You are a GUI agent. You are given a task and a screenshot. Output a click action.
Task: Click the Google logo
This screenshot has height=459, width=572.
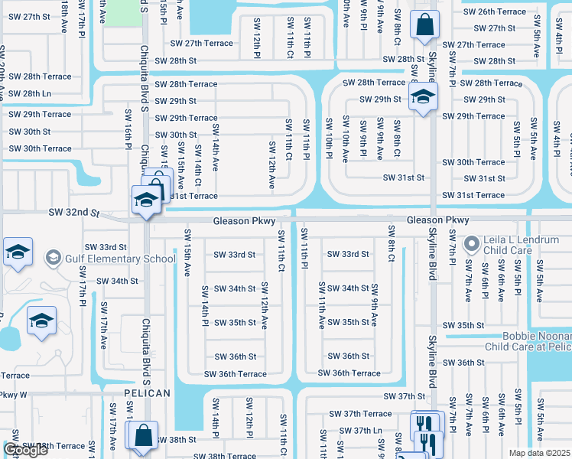[25, 450]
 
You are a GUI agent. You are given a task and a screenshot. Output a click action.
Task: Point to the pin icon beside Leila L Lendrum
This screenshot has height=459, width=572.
[470, 245]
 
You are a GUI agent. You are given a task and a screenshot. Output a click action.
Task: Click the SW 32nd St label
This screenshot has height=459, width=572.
[74, 211]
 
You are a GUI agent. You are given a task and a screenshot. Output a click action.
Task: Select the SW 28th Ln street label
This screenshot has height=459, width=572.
[25, 93]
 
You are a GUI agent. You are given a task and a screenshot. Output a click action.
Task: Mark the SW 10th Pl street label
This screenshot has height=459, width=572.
[329, 139]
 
